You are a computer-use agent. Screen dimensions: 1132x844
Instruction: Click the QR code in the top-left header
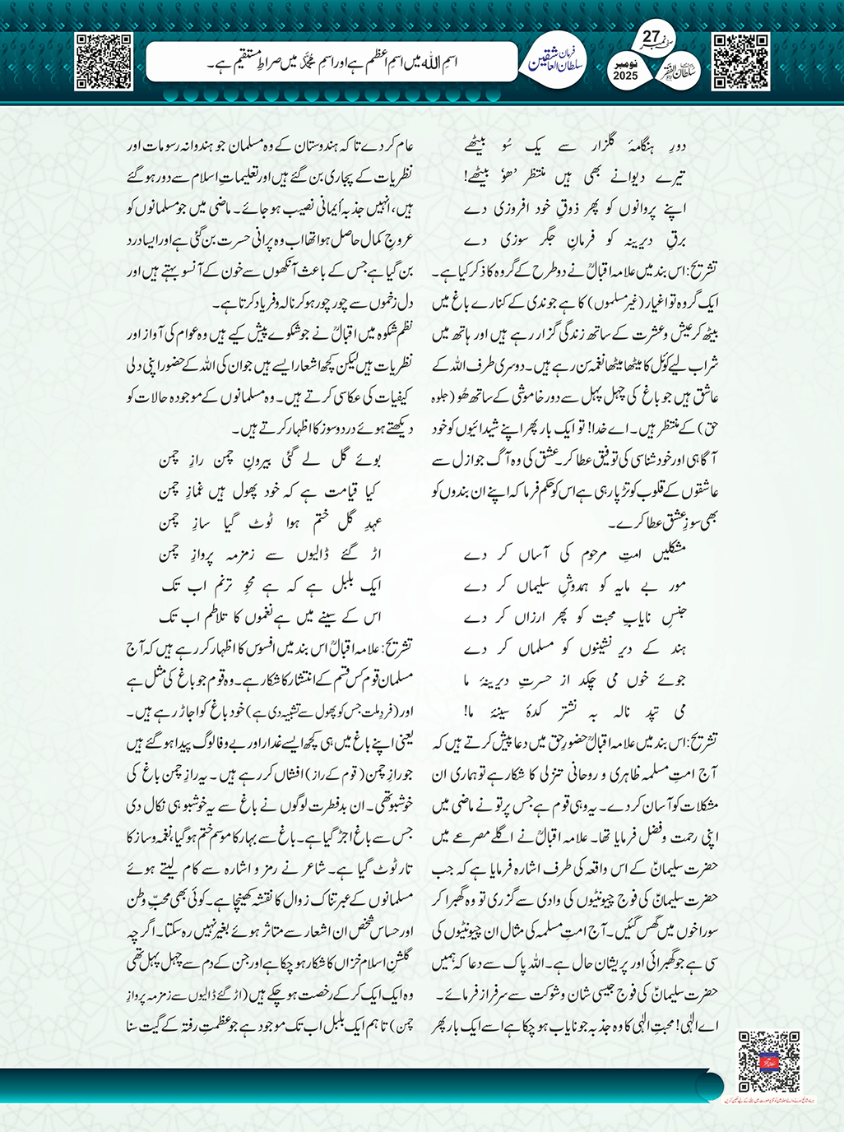pos(104,61)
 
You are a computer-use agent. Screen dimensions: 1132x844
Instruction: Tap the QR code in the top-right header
pos(740,61)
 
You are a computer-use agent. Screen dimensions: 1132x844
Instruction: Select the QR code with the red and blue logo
pos(769,1061)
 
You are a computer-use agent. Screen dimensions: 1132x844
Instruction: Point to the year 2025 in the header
pos(626,76)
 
